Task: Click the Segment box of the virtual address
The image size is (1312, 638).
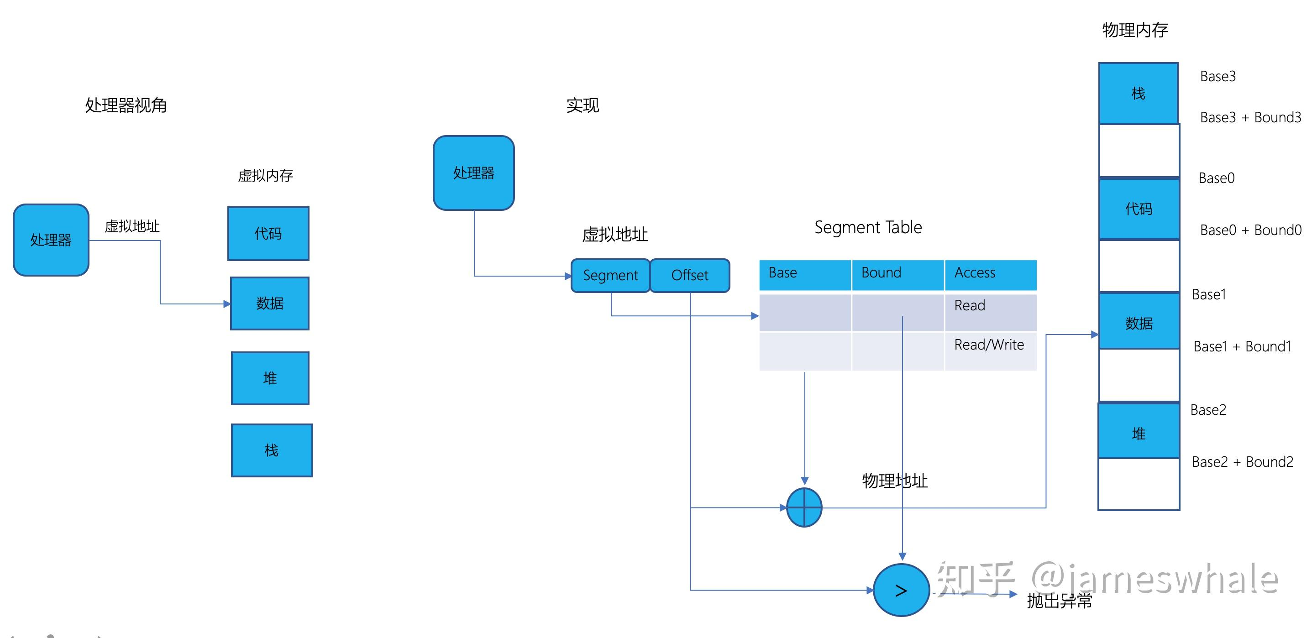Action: [x=610, y=276]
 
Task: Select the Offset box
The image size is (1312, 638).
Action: [x=690, y=276]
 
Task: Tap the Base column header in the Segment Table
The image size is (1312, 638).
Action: [x=805, y=274]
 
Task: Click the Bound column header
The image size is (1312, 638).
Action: [x=897, y=274]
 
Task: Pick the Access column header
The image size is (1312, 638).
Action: [x=990, y=274]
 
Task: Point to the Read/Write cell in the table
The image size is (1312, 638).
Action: [x=989, y=345]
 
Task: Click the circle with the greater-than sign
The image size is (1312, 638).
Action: [x=901, y=590]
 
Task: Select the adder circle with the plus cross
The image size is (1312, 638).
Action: [x=804, y=507]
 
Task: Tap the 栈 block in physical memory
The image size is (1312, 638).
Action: [x=1139, y=94]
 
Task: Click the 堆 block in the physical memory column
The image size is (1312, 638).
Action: [x=1139, y=433]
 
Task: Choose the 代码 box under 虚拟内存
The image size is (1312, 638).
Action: [x=268, y=234]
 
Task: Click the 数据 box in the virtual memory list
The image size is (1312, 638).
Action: [x=269, y=303]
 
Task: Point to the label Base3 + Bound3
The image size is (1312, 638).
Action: [x=1250, y=118]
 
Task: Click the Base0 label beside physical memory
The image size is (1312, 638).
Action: [x=1216, y=178]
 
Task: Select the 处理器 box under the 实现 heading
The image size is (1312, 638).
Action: [x=474, y=173]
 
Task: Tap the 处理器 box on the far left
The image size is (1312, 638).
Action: [x=51, y=240]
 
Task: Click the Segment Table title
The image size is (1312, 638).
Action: [x=868, y=227]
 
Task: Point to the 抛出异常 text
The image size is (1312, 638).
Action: [x=1060, y=601]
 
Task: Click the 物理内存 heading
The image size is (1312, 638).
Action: [x=1135, y=30]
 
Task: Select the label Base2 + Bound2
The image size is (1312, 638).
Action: [x=1242, y=462]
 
